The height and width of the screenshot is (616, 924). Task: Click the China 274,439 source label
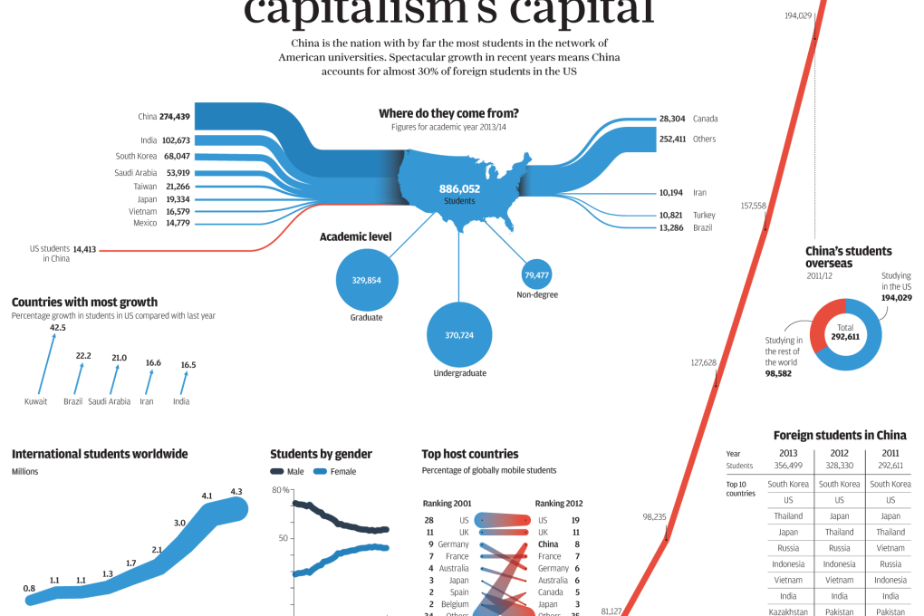pos(164,117)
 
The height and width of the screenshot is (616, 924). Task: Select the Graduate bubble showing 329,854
pos(366,280)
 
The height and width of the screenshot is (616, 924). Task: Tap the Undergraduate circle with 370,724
pos(458,335)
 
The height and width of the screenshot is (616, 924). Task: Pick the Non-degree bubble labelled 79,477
pos(537,274)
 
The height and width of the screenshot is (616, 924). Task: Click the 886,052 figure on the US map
pos(459,188)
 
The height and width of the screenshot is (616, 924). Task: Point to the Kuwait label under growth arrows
pos(36,401)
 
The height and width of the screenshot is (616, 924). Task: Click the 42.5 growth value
pos(58,327)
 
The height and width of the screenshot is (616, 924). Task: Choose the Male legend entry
pos(287,472)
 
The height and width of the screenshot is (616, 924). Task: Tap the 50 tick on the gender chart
pos(283,537)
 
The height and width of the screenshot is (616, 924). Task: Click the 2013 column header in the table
pos(788,454)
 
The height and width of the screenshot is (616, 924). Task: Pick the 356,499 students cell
pos(788,466)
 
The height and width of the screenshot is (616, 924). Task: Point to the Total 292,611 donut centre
pos(845,332)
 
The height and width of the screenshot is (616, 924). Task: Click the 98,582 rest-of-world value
pos(784,372)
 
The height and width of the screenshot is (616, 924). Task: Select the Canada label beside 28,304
pos(705,119)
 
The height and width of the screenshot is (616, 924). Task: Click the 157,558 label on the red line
pos(754,206)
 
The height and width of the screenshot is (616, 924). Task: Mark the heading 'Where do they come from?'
pos(448,114)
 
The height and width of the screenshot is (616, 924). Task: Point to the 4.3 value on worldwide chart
pos(236,492)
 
